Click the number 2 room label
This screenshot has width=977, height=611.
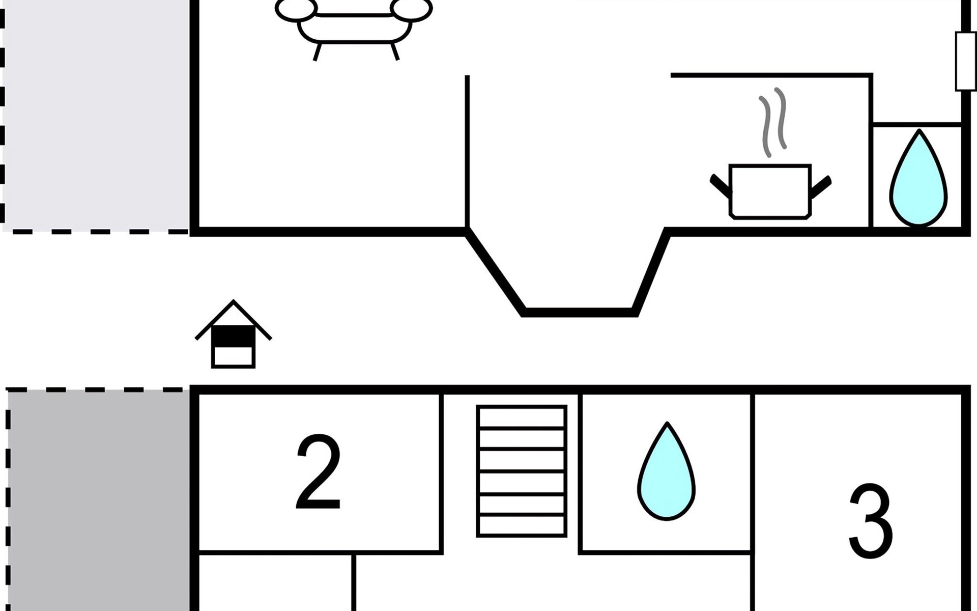click(x=319, y=472)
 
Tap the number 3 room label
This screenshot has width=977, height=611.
click(x=871, y=521)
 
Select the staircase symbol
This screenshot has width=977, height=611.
click(x=522, y=471)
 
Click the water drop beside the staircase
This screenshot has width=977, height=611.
click(x=666, y=474)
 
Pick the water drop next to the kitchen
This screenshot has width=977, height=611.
click(x=918, y=181)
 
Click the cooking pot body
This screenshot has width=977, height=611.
click(x=769, y=191)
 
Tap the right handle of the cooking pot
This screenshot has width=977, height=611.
click(x=820, y=186)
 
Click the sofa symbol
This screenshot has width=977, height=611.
click(x=354, y=23)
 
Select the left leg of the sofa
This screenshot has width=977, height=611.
click(x=318, y=52)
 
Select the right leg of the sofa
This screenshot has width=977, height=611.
click(x=394, y=52)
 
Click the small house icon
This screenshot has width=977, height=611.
click(x=233, y=336)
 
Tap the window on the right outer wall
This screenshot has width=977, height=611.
click(x=965, y=61)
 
